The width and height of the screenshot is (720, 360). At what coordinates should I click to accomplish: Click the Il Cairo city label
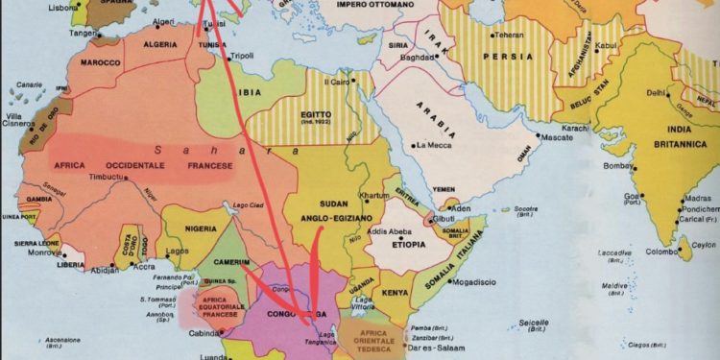click(x=338, y=82)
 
